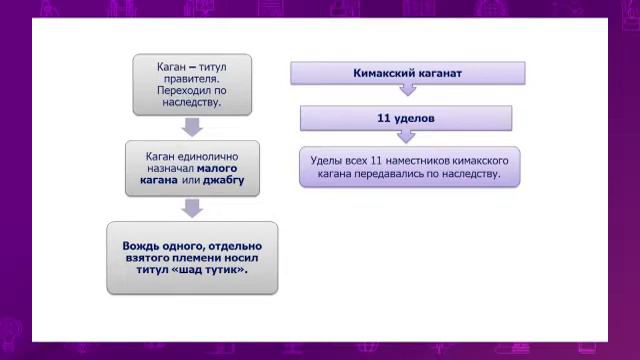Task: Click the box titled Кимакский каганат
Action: pyautogui.click(x=406, y=73)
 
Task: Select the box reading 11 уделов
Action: pyautogui.click(x=406, y=119)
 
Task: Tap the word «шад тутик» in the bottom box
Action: pyautogui.click(x=209, y=270)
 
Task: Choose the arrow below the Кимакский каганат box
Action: pyautogui.click(x=406, y=91)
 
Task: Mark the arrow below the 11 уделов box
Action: pyautogui.click(x=406, y=137)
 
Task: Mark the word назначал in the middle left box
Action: pyautogui.click(x=161, y=170)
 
